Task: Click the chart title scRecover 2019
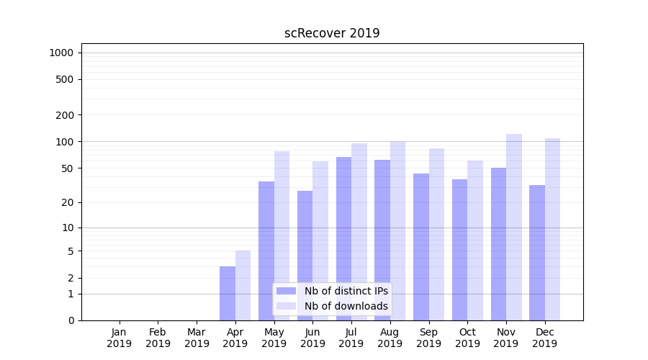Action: point(332,33)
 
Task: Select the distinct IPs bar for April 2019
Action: point(228,293)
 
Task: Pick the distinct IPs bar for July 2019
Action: point(343,238)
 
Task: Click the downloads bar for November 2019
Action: point(514,227)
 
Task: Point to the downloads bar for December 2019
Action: point(552,229)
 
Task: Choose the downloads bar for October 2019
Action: point(475,240)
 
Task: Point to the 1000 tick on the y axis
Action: point(61,53)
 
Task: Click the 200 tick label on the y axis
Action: point(65,115)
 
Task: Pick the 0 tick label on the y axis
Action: point(71,320)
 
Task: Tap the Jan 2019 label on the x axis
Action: point(120,338)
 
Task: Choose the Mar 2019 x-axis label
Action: point(197,338)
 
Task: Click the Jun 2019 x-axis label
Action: point(312,338)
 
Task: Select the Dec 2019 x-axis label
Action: point(545,338)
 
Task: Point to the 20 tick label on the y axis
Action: point(68,202)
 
